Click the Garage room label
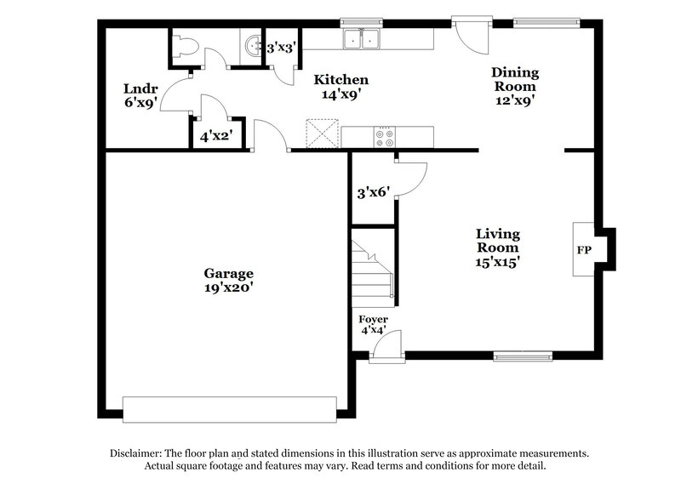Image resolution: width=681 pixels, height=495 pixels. tap(228, 273)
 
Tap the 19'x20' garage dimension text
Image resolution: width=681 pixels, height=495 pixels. tap(228, 288)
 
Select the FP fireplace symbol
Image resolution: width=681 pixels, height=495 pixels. tap(584, 251)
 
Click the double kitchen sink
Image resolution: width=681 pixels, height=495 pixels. tap(362, 39)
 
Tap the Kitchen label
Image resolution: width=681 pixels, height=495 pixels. tap(341, 80)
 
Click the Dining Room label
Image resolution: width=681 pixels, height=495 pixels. tap(515, 80)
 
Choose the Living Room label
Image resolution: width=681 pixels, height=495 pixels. tap(498, 241)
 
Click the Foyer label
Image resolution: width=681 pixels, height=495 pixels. tap(373, 319)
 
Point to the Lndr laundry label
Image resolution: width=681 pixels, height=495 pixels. tap(137, 88)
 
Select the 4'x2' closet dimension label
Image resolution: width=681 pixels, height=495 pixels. tap(215, 134)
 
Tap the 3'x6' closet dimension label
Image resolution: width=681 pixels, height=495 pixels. tap(372, 193)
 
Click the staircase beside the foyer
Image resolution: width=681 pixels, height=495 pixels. tap(373, 272)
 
